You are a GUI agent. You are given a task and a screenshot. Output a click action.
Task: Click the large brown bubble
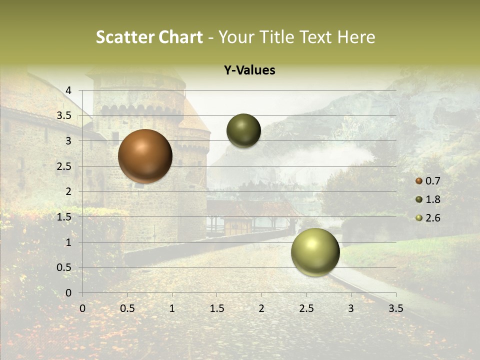pos(145,156)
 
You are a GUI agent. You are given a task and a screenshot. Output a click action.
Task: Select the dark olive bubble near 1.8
pos(243,130)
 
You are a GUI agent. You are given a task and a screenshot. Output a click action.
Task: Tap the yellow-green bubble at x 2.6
pos(315,252)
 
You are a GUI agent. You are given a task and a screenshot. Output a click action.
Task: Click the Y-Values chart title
pos(249,70)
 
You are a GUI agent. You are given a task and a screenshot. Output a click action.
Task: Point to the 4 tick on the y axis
pos(68,90)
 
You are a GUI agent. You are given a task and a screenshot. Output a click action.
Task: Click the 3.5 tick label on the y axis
pos(64,115)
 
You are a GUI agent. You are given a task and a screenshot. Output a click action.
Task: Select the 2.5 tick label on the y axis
pos(64,166)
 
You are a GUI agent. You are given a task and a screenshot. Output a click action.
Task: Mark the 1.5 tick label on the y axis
pos(64,216)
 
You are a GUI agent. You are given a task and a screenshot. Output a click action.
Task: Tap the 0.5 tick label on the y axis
pos(64,267)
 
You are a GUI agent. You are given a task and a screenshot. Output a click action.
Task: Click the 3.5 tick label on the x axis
pos(395,308)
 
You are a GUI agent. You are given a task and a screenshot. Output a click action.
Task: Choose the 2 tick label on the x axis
pos(261,308)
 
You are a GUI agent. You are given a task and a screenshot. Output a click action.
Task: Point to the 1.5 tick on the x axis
pos(216,308)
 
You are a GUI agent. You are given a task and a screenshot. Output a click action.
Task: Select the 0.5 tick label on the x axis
pos(127,308)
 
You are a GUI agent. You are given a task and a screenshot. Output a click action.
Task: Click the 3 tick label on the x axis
pos(351,308)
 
